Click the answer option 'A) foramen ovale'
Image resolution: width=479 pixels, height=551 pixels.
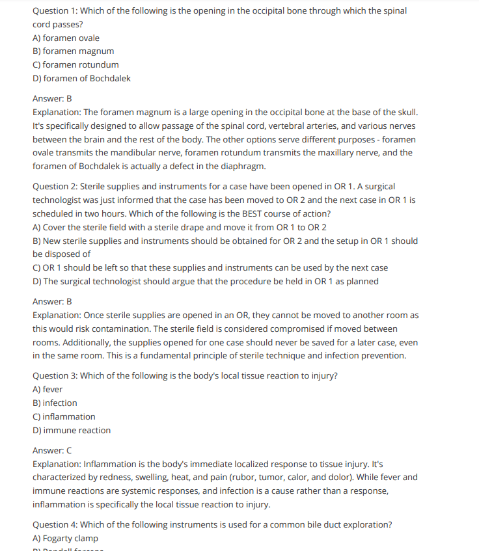(x=66, y=38)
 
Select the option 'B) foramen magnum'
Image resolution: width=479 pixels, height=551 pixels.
(x=73, y=51)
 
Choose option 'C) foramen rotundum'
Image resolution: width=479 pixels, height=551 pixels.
(x=75, y=64)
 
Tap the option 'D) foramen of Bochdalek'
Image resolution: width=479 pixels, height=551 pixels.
(x=81, y=78)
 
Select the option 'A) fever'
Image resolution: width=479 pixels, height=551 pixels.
(x=48, y=389)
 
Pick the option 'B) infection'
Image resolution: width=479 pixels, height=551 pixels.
(x=55, y=403)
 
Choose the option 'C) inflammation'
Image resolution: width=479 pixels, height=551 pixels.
(x=64, y=416)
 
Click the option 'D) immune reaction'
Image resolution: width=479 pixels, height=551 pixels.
(x=72, y=430)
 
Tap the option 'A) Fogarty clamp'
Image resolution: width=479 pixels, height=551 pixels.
(x=65, y=538)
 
